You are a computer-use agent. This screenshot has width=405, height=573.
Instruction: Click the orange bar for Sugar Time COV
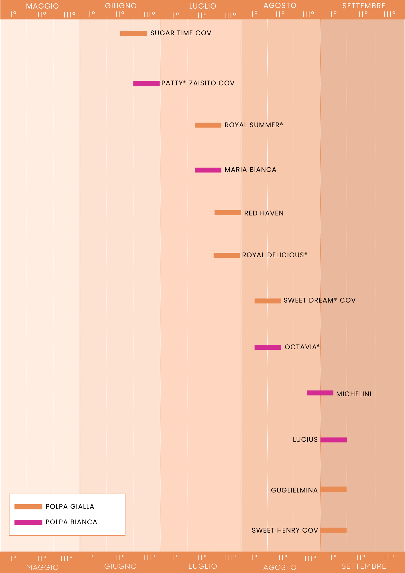[133, 33]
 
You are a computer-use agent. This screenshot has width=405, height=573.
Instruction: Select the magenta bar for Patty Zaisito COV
[146, 83]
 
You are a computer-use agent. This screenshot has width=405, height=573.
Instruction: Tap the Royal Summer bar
[208, 125]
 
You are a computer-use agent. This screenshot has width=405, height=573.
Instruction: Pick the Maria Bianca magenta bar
[208, 170]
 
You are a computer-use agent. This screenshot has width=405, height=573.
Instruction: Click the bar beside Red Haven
[227, 213]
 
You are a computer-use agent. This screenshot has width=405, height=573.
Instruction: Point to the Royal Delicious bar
[227, 255]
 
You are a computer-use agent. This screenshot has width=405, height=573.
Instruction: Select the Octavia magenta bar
[268, 347]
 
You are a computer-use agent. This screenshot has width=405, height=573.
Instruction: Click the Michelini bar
[320, 393]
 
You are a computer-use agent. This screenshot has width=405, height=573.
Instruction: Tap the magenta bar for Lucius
[333, 440]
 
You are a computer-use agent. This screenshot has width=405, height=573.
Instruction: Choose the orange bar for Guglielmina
[333, 489]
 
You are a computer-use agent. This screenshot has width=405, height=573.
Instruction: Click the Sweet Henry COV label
[285, 530]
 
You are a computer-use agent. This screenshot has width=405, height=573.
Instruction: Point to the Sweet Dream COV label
[319, 300]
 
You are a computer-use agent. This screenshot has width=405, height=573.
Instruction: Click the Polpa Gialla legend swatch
[28, 507]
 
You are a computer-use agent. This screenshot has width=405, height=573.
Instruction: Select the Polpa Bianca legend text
[71, 522]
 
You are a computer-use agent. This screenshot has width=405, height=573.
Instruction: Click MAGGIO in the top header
[42, 6]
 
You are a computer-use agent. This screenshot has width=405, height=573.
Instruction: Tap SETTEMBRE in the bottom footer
[363, 566]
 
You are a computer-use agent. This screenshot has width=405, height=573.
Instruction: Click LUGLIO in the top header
[202, 6]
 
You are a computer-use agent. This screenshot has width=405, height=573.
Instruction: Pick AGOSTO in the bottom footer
[280, 567]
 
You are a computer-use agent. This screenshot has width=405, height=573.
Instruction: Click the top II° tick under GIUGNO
[120, 14]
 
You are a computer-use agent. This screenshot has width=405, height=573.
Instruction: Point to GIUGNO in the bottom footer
[120, 566]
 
